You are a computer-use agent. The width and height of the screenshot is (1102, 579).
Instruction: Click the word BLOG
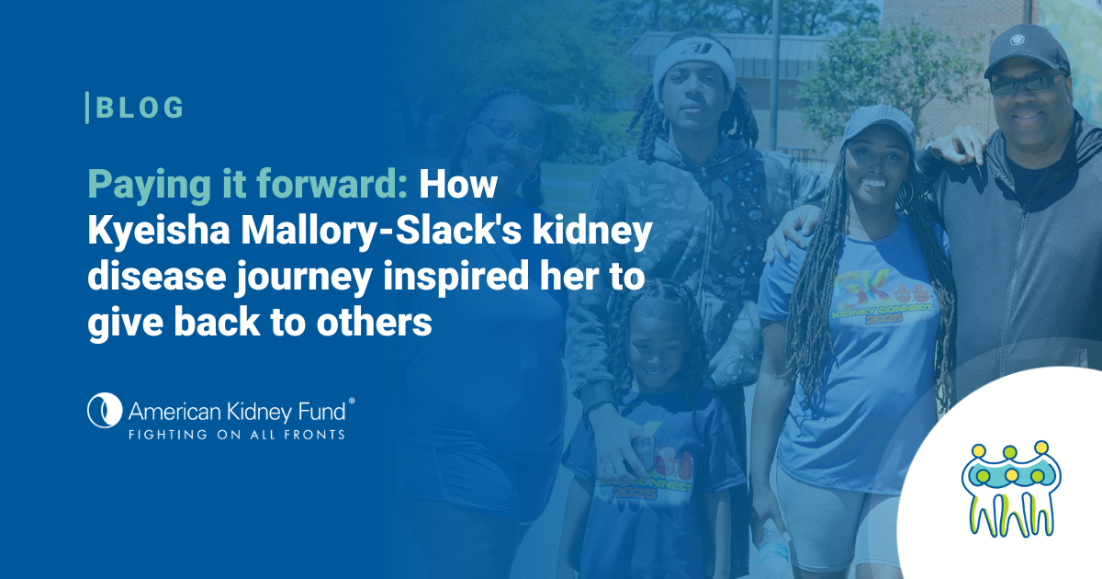coord(141,108)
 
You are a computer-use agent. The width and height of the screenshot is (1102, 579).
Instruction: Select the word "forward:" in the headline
coord(332,183)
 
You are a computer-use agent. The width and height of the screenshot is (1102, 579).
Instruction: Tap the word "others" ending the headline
coord(374,323)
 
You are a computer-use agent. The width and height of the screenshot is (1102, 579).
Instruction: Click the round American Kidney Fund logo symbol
coord(105,410)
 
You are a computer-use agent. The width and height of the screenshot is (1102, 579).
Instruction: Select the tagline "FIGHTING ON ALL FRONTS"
coord(237,435)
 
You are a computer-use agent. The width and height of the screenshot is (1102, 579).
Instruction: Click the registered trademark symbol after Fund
coord(351,402)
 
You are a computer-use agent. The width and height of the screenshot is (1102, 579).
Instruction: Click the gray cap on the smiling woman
coord(877,124)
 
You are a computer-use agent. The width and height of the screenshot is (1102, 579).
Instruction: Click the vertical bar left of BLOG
coord(87,108)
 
